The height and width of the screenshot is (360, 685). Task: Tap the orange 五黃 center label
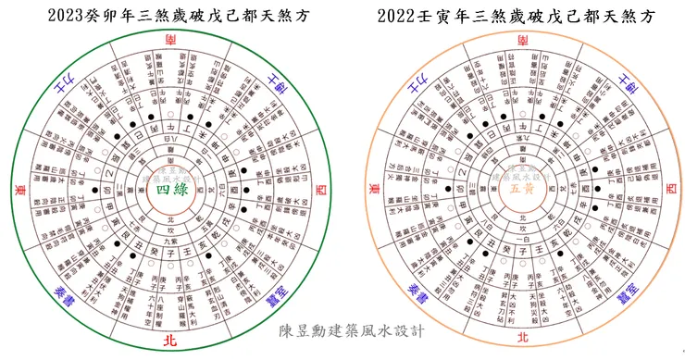[x=522, y=190]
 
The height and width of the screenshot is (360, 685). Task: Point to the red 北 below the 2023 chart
[x=173, y=340]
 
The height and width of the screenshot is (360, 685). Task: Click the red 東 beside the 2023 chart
[x=20, y=190]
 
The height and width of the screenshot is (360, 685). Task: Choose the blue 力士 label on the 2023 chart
[x=62, y=85]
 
